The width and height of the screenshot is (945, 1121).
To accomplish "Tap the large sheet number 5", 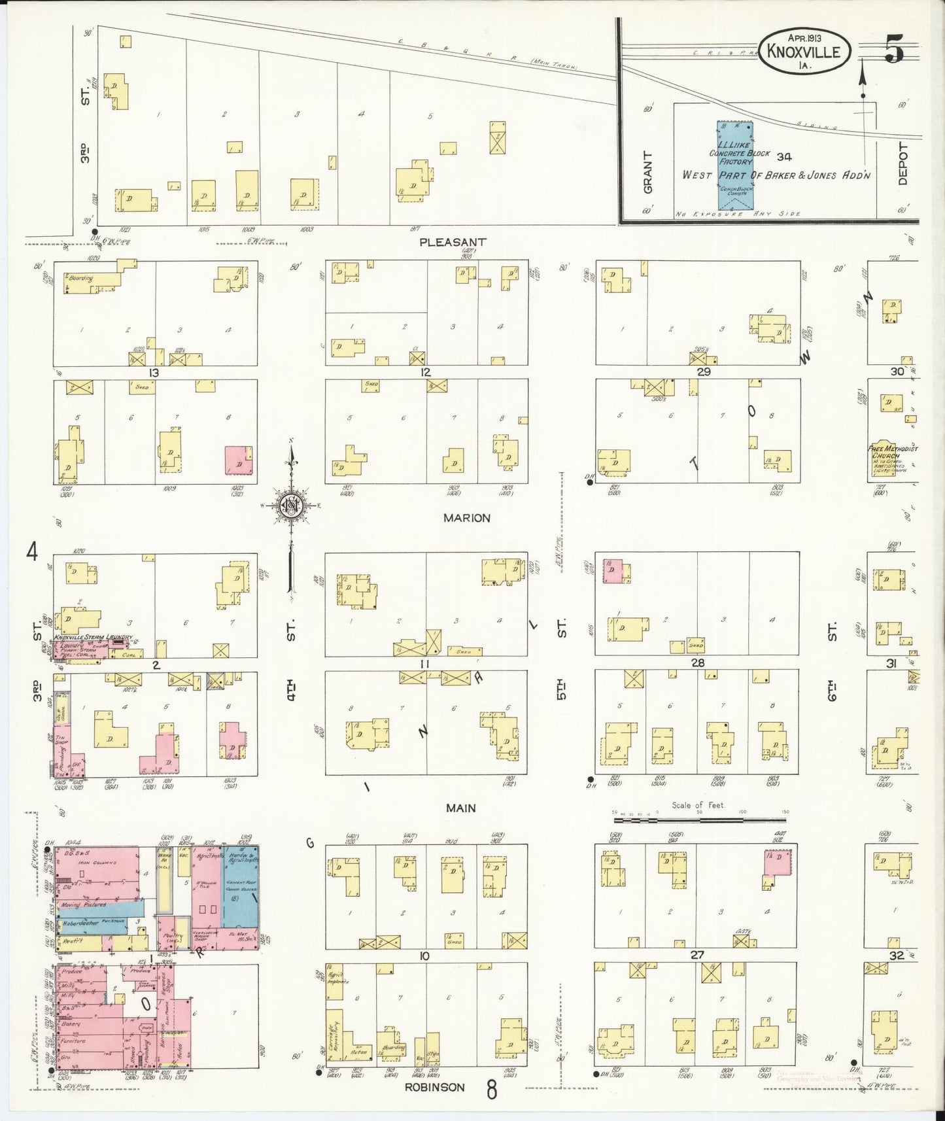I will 894,50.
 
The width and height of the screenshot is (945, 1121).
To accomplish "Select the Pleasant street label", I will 453,242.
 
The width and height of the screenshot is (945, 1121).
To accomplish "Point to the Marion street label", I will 466,518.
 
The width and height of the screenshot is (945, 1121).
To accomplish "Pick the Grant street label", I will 648,173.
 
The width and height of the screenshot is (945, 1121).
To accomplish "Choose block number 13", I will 154,373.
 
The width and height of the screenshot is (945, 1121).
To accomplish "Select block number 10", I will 424,956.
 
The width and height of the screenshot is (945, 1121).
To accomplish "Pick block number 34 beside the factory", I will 785,156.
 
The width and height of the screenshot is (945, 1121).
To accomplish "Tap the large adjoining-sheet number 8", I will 491,1090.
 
